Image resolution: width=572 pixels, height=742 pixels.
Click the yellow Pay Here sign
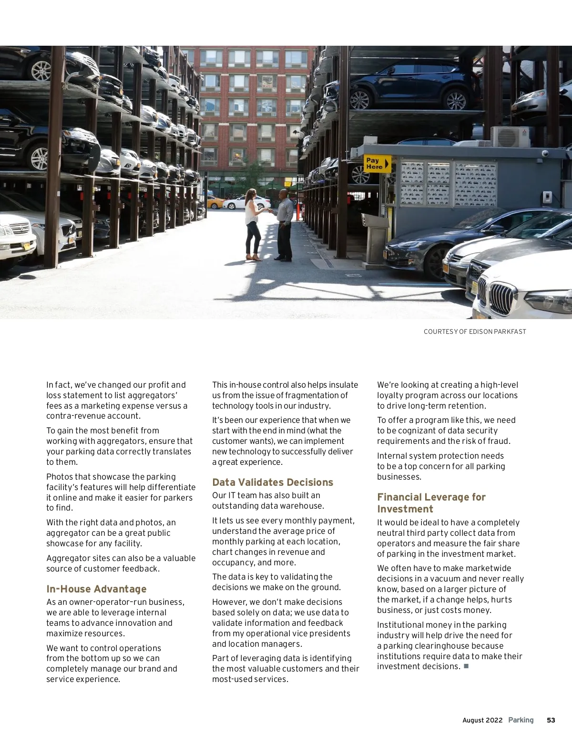point(377,164)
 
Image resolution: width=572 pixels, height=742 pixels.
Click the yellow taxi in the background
point(215,202)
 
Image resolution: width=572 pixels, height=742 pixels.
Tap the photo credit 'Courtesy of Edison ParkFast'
point(475,331)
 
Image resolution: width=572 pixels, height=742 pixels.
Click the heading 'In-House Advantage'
point(96,589)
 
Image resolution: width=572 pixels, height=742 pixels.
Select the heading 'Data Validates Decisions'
point(273,482)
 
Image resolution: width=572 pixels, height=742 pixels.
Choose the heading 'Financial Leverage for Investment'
point(431,503)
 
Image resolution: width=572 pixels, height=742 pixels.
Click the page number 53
point(551,720)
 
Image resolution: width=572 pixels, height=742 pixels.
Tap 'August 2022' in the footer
point(482,720)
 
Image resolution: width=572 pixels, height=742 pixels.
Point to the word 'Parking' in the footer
point(521,720)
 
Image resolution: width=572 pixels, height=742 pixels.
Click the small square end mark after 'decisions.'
point(466,666)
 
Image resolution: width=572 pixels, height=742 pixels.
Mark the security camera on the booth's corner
point(545,153)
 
